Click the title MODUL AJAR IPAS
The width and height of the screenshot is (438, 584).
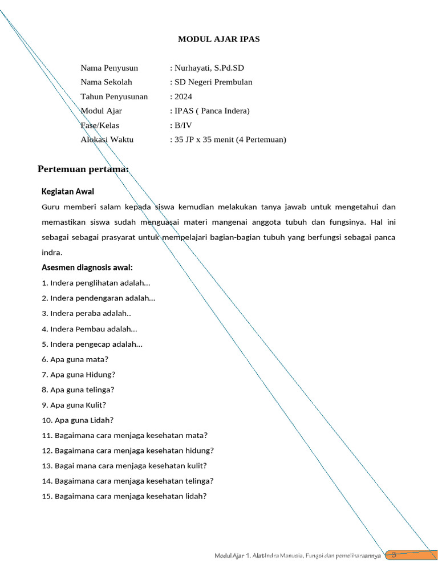pyautogui.click(x=219, y=39)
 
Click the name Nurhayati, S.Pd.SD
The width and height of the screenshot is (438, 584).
pyautogui.click(x=209, y=68)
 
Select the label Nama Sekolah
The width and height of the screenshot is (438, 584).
pyautogui.click(x=106, y=82)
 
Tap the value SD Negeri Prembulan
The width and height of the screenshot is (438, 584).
pyautogui.click(x=213, y=82)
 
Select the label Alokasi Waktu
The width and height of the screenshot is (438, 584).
pyautogui.click(x=107, y=139)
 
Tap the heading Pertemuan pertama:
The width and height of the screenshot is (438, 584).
pyautogui.click(x=83, y=169)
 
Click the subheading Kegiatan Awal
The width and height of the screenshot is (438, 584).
pyautogui.click(x=68, y=191)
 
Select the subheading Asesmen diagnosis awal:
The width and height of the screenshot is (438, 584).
pyautogui.click(x=87, y=267)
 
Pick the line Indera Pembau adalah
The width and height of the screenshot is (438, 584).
pyautogui.click(x=90, y=329)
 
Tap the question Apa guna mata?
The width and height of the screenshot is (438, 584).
pyautogui.click(x=75, y=359)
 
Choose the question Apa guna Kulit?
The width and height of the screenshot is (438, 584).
pyautogui.click(x=74, y=405)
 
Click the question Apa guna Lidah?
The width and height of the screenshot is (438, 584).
pyautogui.click(x=78, y=420)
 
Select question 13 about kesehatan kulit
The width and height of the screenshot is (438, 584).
pyautogui.click(x=124, y=466)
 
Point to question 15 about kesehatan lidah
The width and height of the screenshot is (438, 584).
pyautogui.click(x=124, y=496)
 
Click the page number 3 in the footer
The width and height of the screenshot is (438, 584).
pyautogui.click(x=394, y=555)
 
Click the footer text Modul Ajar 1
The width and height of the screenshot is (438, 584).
pyautogui.click(x=233, y=555)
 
